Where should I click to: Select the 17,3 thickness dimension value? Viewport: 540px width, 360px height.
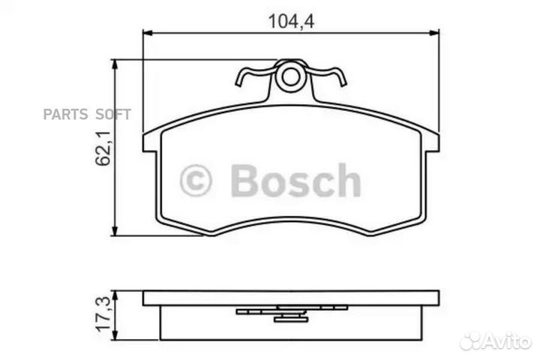(x=104, y=310)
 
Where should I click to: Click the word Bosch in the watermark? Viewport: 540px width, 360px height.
(x=295, y=181)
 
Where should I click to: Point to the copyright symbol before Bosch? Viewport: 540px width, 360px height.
(x=196, y=181)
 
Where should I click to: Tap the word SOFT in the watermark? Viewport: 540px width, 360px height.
(x=112, y=114)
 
